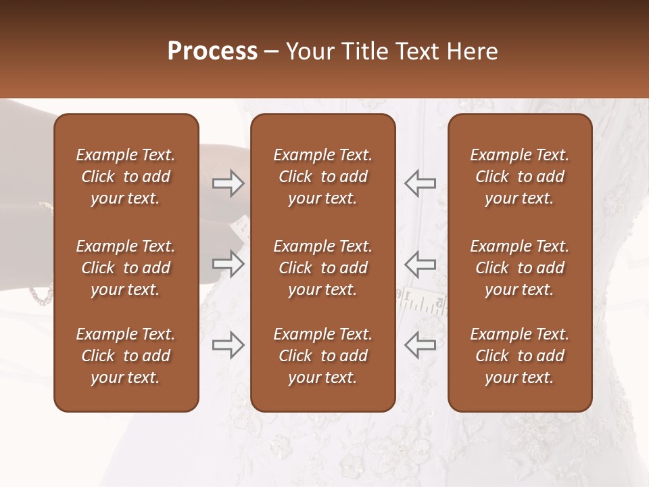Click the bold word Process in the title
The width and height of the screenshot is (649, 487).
click(212, 51)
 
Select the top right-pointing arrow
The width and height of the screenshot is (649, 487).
click(229, 183)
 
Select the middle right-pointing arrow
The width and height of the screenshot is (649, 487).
click(229, 264)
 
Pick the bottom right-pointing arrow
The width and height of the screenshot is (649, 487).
click(229, 345)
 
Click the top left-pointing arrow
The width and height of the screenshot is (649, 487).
click(420, 183)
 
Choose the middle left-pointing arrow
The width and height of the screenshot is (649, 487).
click(420, 264)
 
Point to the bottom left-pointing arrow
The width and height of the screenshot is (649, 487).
click(420, 345)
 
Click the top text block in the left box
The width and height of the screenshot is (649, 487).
click(126, 177)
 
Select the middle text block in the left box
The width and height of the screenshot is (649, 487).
click(126, 268)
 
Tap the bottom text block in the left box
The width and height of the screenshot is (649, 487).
click(126, 356)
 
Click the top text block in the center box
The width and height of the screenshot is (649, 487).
click(322, 177)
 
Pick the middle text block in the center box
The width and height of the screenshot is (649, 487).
click(322, 268)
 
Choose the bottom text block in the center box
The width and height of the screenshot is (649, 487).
click(322, 356)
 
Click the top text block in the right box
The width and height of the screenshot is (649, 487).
click(520, 177)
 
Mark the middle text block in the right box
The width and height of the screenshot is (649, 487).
click(520, 268)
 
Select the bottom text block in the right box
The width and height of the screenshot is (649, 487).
click(520, 356)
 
